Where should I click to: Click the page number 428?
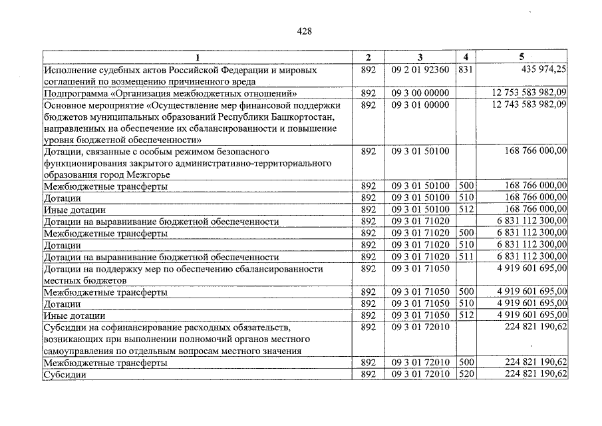pos(305,31)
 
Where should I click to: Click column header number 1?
pos(197,58)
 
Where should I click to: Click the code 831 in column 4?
pos(465,69)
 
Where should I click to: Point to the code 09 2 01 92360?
pos(420,69)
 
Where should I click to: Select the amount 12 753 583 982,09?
pos(529,93)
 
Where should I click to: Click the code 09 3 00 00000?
pos(420,93)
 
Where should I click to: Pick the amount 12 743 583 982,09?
pos(529,105)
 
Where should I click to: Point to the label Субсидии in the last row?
pos(65,375)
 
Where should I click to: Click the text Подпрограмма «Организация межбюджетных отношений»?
pos(170,93)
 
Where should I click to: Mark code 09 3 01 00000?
pos(420,105)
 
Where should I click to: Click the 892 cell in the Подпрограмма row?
pos(369,93)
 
